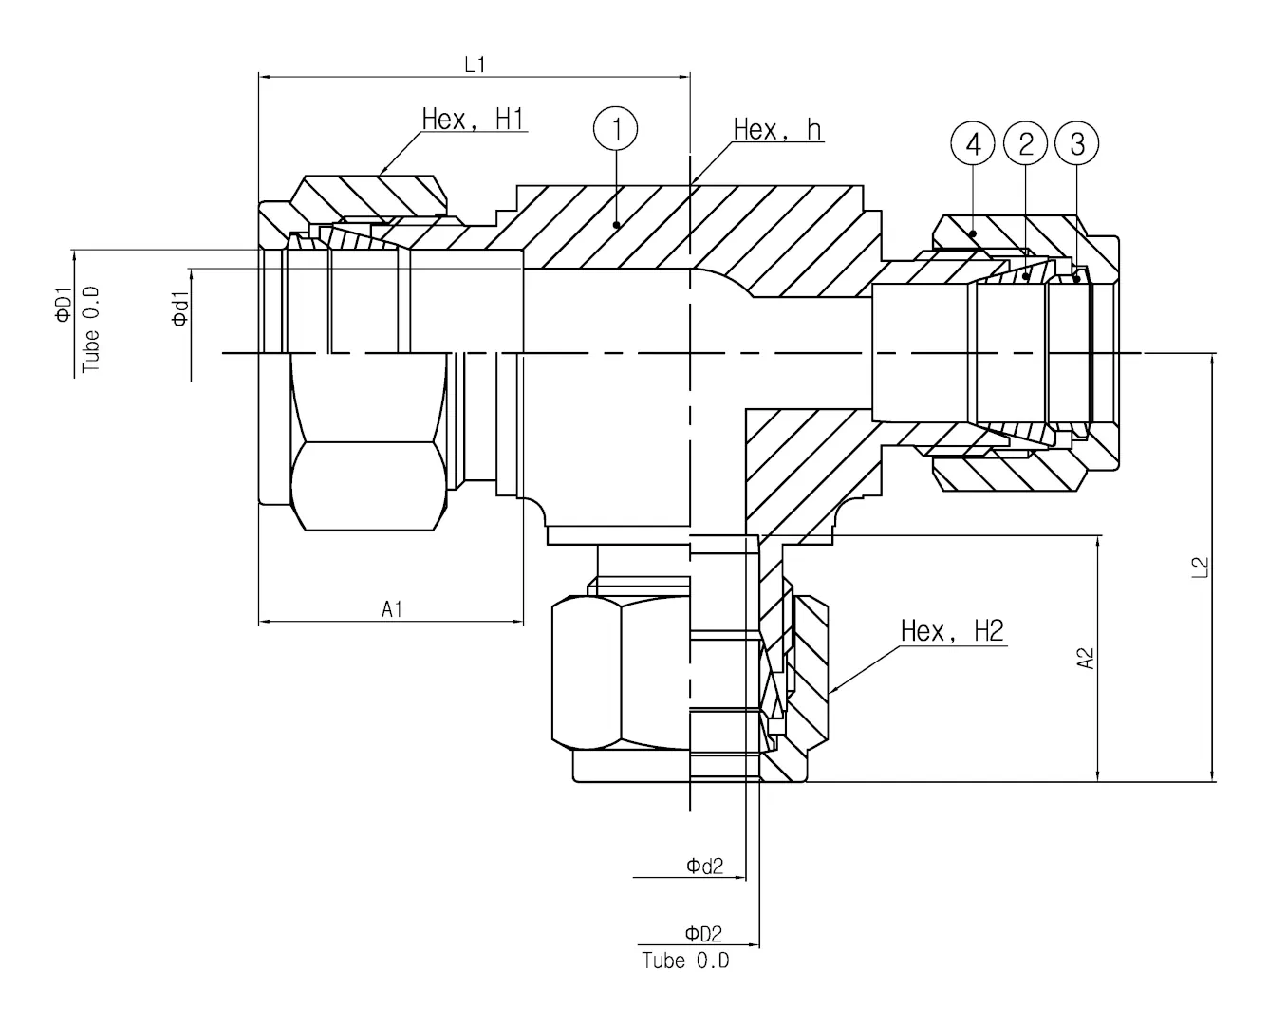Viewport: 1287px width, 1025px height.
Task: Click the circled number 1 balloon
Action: point(616,128)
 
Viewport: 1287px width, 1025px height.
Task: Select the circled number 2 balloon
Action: point(1025,144)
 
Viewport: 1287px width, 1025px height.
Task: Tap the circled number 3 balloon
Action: point(1076,144)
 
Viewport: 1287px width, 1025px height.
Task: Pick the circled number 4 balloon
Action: point(973,144)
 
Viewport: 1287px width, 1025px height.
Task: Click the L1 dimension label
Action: point(475,65)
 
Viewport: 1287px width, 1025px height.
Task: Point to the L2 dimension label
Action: point(1200,567)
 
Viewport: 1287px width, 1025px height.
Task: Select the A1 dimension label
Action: point(392,608)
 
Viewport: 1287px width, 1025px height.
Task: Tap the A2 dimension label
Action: point(1087,658)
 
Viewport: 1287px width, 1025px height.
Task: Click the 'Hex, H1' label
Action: point(473,120)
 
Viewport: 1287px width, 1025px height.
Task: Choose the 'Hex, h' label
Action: point(777,129)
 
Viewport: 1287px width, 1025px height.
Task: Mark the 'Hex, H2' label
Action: point(951,631)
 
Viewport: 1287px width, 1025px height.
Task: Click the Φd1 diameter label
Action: point(180,310)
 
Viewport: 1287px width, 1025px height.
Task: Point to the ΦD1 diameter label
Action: point(64,304)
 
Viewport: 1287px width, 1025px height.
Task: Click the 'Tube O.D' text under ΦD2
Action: point(685,960)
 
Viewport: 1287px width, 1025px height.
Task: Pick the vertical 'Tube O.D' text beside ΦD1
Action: point(91,329)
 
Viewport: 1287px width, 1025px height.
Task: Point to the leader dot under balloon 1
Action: point(617,225)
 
